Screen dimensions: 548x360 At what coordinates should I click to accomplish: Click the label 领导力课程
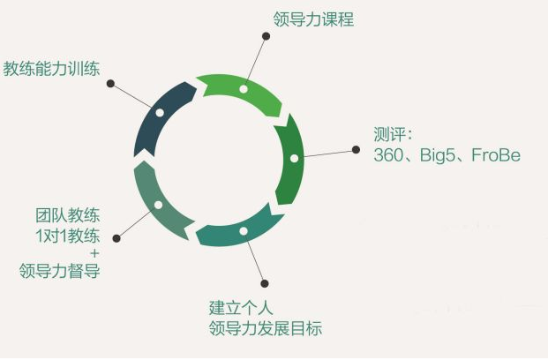313,19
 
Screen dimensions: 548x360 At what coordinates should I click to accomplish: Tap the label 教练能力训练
52,68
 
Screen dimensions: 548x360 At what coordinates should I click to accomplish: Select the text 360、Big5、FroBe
447,155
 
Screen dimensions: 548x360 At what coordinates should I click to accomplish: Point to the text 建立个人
241,308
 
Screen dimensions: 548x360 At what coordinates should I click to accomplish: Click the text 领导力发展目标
266,328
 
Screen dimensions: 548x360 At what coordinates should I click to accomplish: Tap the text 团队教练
68,215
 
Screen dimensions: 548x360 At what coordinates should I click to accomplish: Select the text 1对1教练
68,236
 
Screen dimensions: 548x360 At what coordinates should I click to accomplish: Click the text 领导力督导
60,271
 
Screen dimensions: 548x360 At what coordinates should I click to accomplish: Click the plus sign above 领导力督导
94,253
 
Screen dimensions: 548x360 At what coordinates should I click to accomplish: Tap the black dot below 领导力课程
266,36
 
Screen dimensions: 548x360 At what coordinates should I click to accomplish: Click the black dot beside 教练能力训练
110,84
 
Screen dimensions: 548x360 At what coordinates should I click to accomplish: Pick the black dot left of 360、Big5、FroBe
356,150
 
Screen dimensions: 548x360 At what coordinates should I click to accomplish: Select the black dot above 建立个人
265,283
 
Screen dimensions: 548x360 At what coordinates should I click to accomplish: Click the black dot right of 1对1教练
116,238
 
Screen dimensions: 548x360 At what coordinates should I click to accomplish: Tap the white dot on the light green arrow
244,89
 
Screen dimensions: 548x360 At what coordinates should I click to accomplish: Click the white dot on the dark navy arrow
160,113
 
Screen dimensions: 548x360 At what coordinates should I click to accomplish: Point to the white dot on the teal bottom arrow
244,231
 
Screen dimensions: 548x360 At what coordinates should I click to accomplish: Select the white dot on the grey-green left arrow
158,205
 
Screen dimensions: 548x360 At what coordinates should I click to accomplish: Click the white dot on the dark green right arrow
294,158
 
